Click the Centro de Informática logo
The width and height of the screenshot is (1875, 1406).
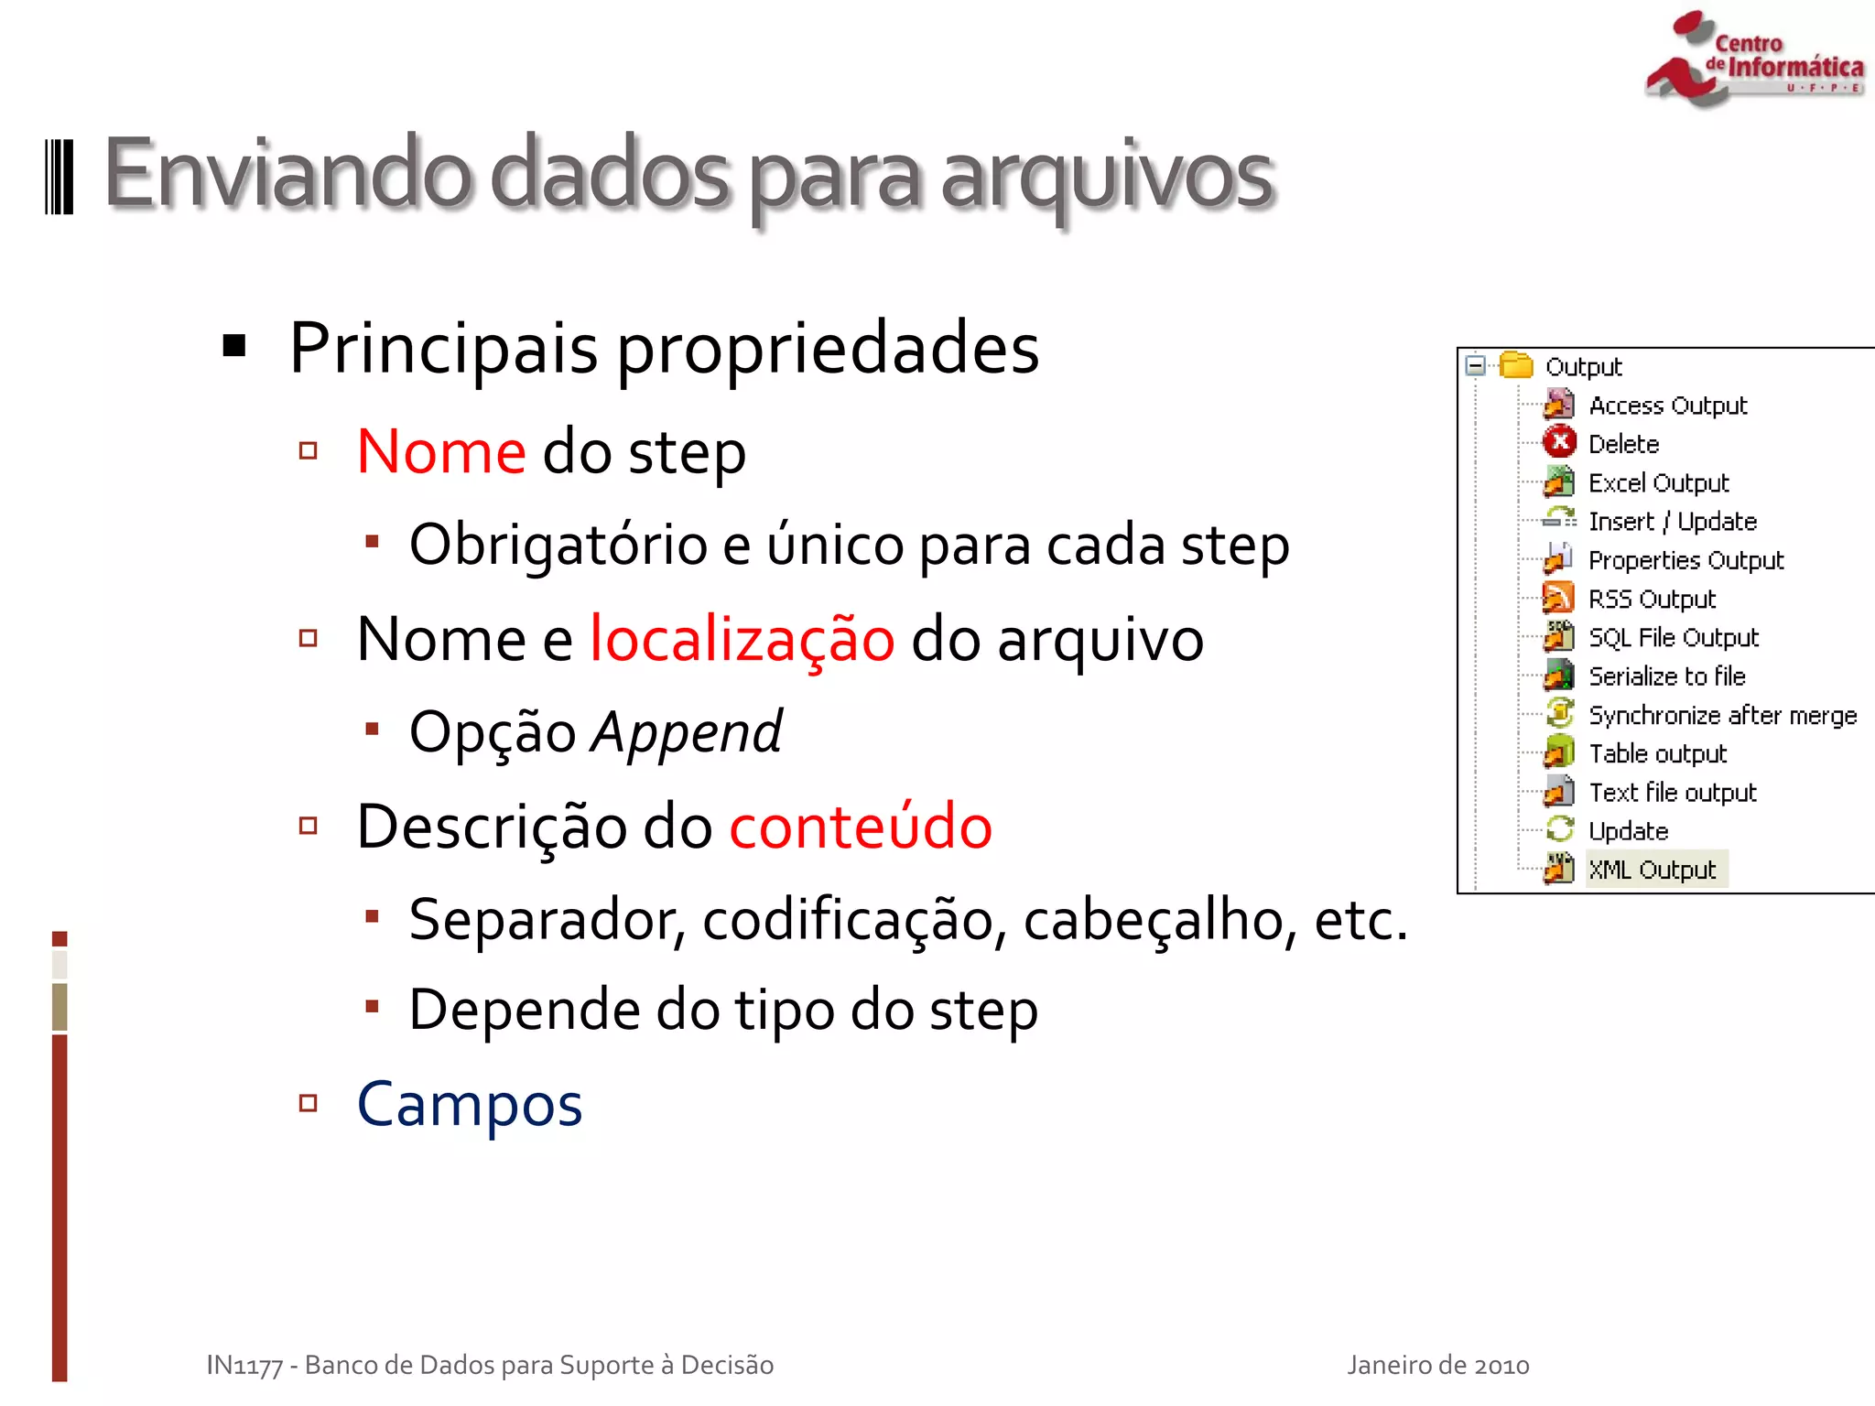pyautogui.click(x=1753, y=59)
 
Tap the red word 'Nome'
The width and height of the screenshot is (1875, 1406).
pyautogui.click(x=441, y=451)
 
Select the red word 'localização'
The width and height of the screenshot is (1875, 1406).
pyautogui.click(x=742, y=639)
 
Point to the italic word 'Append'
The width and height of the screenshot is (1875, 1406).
pyautogui.click(x=687, y=732)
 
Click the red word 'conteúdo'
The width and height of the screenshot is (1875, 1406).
pyautogui.click(x=861, y=827)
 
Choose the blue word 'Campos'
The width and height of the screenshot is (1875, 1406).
pyautogui.click(x=470, y=1104)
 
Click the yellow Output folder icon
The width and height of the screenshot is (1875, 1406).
pyautogui.click(x=1516, y=366)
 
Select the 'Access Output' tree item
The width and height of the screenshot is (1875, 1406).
pyautogui.click(x=1667, y=406)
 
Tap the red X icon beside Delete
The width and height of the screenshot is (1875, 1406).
pyautogui.click(x=1559, y=443)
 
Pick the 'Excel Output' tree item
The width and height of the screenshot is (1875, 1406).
pyautogui.click(x=1658, y=482)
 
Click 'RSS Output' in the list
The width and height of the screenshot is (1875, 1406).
pyautogui.click(x=1652, y=599)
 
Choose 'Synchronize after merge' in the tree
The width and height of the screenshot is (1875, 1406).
pyautogui.click(x=1722, y=715)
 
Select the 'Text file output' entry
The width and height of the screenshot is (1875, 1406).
pyautogui.click(x=1672, y=793)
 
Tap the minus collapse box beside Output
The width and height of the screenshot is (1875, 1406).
pyautogui.click(x=1475, y=366)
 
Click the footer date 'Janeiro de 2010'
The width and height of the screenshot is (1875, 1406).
pyautogui.click(x=1437, y=1365)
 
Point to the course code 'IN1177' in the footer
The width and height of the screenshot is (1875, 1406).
pyautogui.click(x=244, y=1366)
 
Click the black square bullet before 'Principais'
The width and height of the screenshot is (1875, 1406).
pyautogui.click(x=234, y=346)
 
